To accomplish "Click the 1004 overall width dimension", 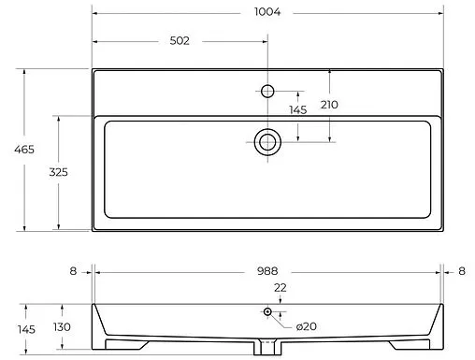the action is (x=267, y=12).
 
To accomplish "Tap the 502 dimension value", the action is (x=180, y=41).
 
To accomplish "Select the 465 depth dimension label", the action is (x=24, y=150).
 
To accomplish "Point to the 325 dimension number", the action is (x=58, y=172).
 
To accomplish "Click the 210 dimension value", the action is (x=329, y=105).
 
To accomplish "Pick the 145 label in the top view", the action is (x=298, y=109).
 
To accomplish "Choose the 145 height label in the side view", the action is (x=26, y=329).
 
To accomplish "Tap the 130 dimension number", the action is (x=62, y=327).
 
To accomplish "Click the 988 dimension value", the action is (x=267, y=271).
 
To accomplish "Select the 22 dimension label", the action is (x=281, y=288).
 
